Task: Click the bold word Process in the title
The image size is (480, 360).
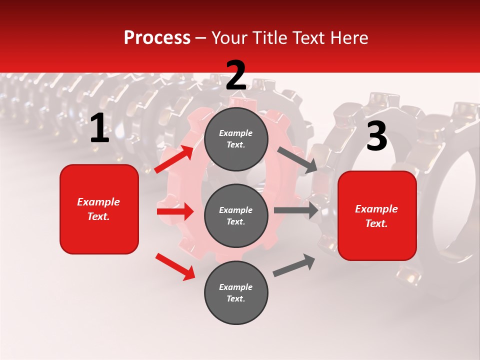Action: [x=157, y=37]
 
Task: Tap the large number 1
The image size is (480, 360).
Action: [x=99, y=128]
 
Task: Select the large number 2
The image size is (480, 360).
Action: [x=236, y=75]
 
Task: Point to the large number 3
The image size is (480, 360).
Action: [x=376, y=136]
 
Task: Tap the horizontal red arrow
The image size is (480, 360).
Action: [x=175, y=211]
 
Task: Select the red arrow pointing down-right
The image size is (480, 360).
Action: [x=175, y=266]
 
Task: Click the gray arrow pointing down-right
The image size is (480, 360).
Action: [x=297, y=160]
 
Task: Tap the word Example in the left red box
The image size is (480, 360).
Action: [x=98, y=202]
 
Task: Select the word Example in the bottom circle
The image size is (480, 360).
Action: [x=235, y=287]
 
